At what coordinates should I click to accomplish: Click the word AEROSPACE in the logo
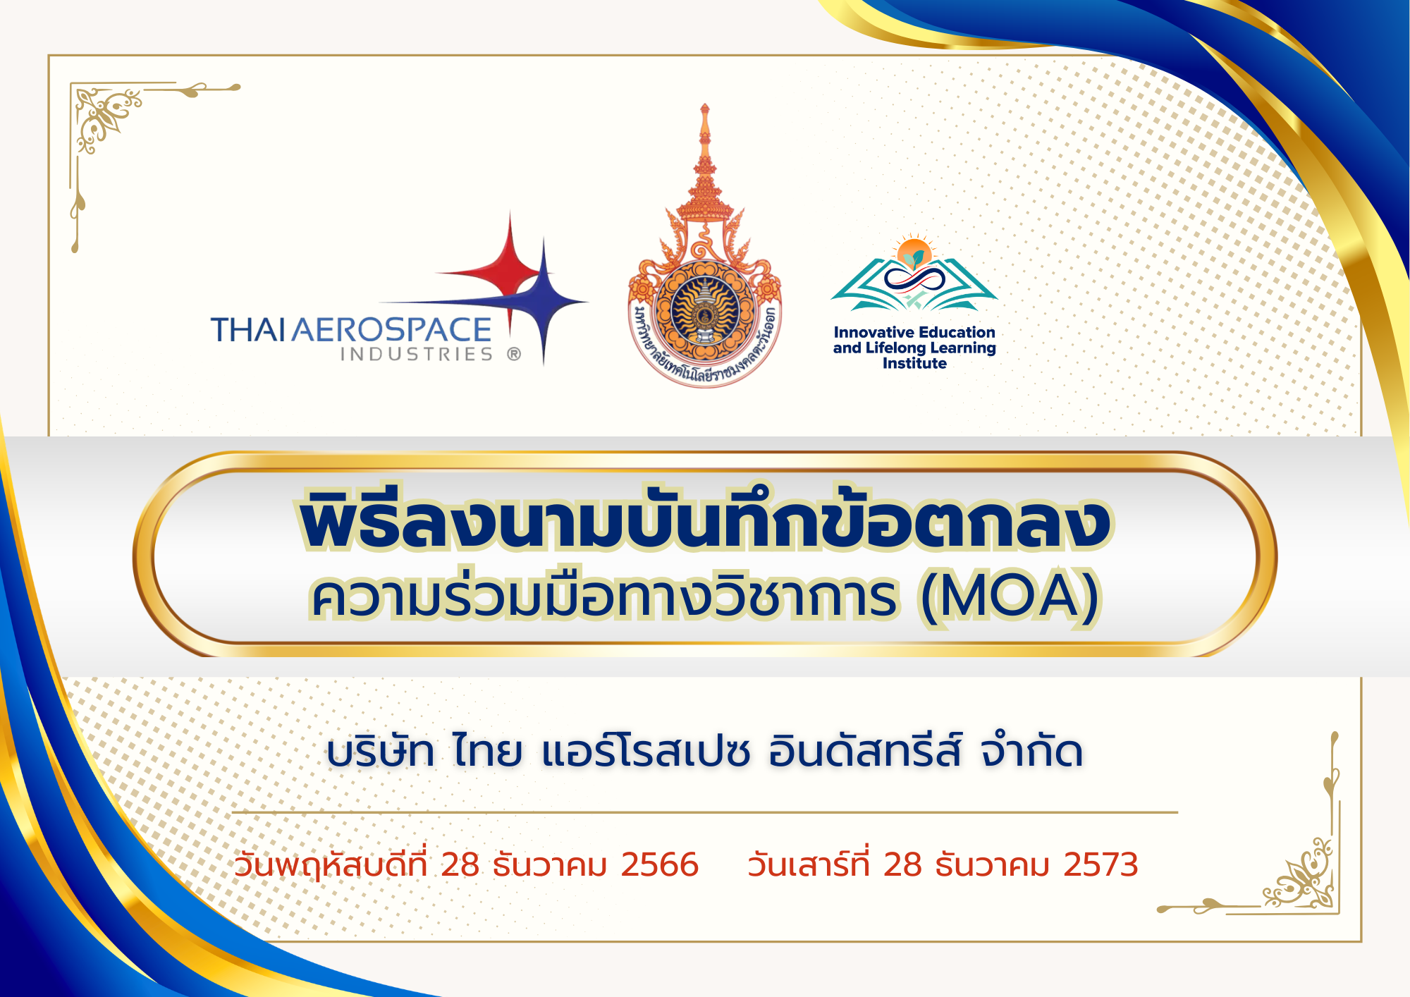(391, 329)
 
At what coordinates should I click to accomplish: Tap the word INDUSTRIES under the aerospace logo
(417, 354)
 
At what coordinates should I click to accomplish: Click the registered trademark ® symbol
(514, 354)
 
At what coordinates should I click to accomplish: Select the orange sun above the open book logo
(914, 252)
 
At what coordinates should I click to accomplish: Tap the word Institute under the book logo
(914, 363)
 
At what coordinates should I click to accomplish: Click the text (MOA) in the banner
(1010, 597)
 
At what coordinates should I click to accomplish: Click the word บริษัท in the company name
(380, 751)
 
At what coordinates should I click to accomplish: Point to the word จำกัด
(1031, 751)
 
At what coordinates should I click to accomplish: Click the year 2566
(659, 865)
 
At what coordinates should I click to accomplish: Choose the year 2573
(1101, 865)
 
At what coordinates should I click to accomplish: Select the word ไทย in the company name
(487, 751)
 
